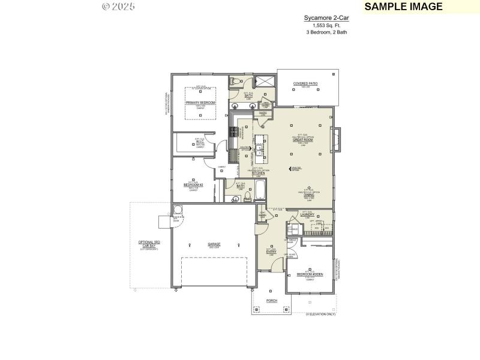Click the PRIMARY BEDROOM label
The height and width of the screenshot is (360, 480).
point(200,103)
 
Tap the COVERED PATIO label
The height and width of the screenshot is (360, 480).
point(305,83)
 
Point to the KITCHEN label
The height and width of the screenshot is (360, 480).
point(258,173)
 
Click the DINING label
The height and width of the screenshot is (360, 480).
point(308,194)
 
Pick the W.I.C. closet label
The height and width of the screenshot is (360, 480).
point(200,142)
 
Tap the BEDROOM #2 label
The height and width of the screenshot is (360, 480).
point(193,185)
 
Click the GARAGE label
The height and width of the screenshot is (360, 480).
point(214,244)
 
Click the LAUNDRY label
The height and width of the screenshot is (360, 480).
point(308,214)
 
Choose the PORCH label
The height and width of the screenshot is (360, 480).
point(271,300)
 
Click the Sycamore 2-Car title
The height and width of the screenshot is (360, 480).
point(326,19)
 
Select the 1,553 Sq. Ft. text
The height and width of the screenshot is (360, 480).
point(326,26)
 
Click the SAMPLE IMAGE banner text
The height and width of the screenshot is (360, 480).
point(403,7)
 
